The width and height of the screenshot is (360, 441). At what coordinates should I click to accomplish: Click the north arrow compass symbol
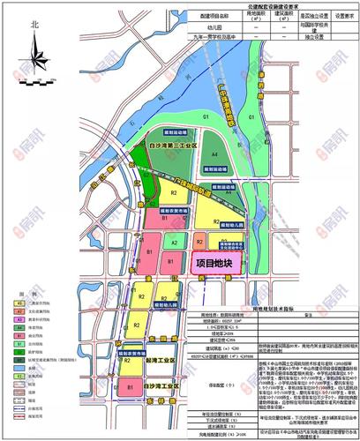point(35,64)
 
